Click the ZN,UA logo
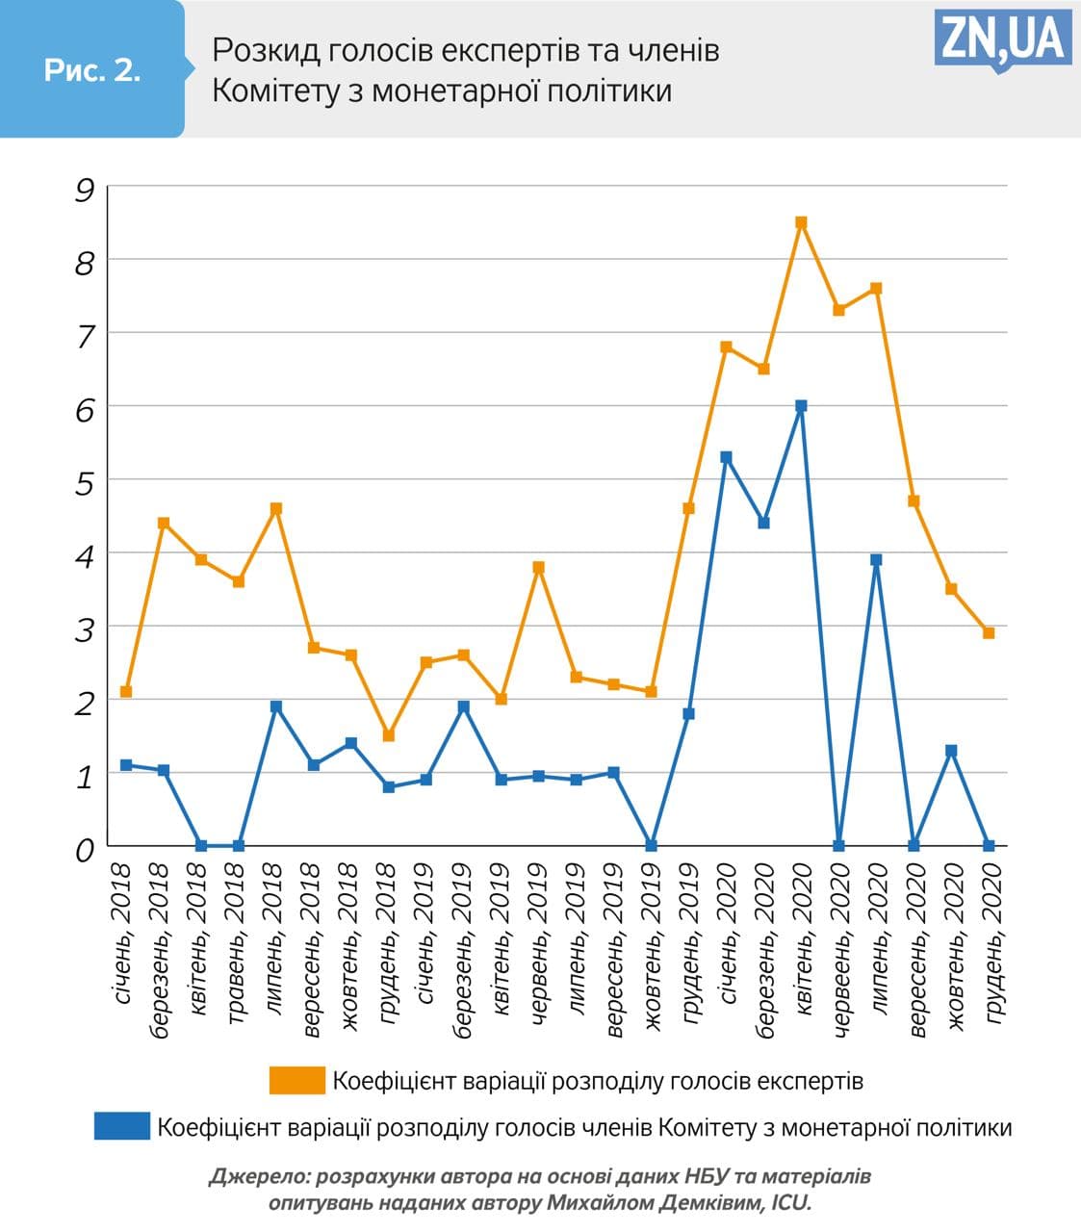click(x=1002, y=39)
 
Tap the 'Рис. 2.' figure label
click(x=92, y=70)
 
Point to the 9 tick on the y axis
click(x=85, y=190)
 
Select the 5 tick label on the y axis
click(x=85, y=483)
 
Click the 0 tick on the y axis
click(x=85, y=850)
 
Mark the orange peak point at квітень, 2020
click(x=801, y=222)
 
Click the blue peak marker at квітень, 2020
click(x=801, y=406)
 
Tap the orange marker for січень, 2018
click(x=126, y=691)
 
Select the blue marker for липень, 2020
click(x=876, y=559)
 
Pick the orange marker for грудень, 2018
click(x=389, y=735)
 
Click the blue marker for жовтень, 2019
click(x=651, y=845)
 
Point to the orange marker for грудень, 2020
click(x=989, y=632)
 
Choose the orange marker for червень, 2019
click(x=539, y=567)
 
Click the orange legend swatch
click(x=296, y=1080)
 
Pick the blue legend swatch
click(x=122, y=1126)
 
